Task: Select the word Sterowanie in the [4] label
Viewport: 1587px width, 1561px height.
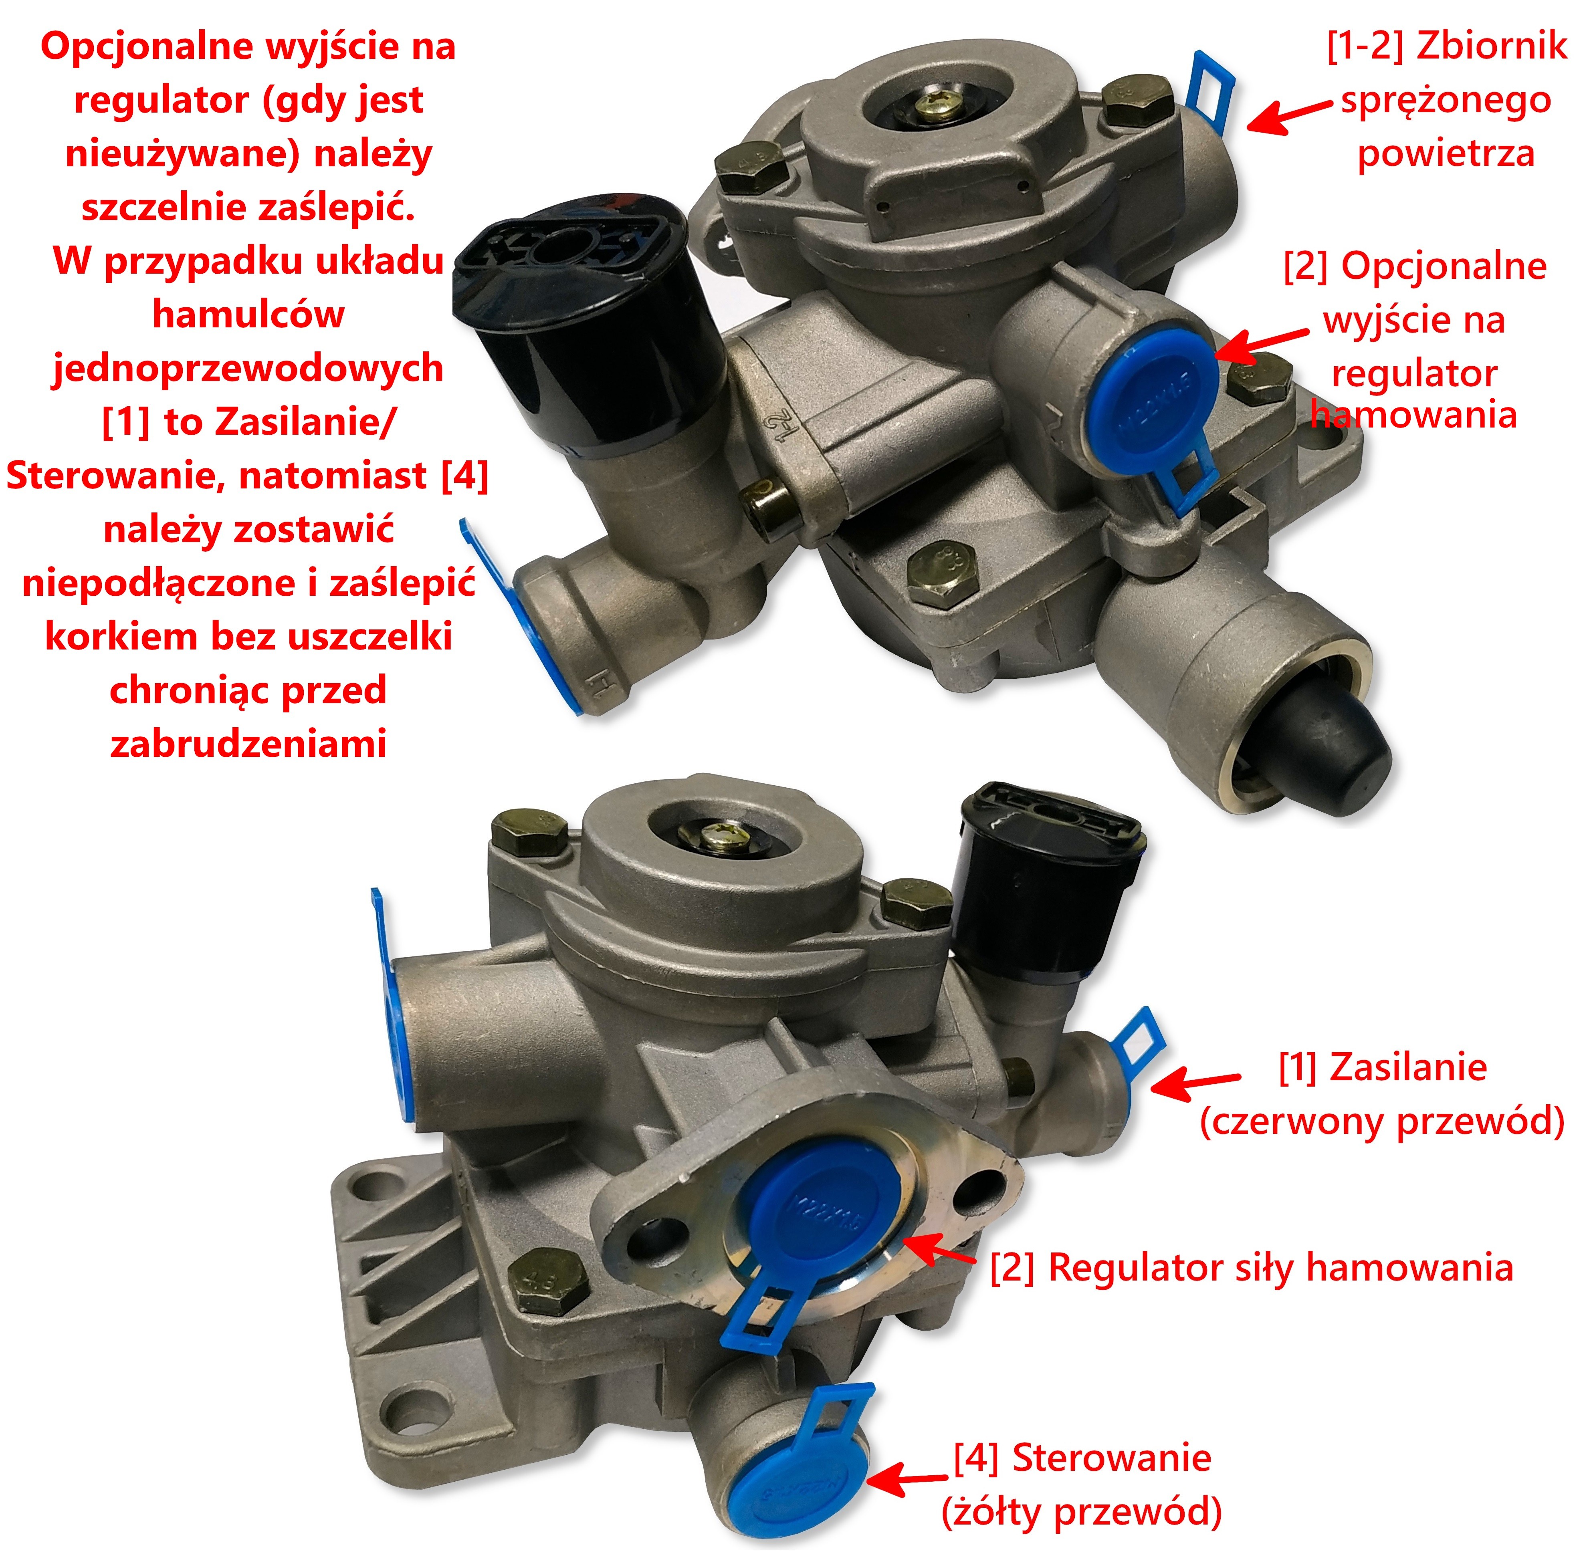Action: coord(1111,1458)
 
